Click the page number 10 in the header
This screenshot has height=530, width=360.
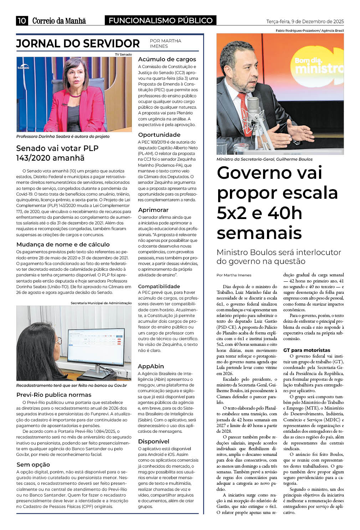(x=22, y=21)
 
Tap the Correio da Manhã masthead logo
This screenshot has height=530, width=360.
(x=59, y=21)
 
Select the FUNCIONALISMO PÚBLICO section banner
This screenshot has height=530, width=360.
(x=161, y=21)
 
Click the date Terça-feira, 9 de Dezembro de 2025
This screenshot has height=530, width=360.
(x=305, y=21)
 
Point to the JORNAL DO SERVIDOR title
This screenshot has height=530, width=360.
(x=78, y=43)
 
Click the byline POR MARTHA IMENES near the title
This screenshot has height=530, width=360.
(x=165, y=43)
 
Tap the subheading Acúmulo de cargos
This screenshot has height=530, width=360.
(x=167, y=59)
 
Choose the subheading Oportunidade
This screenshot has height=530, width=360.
(x=159, y=135)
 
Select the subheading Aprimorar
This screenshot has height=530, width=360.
(x=153, y=210)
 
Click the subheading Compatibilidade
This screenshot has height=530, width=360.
(x=159, y=286)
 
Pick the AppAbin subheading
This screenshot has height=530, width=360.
(x=151, y=366)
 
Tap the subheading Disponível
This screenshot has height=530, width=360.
(x=154, y=441)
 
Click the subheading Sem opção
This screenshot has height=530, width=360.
(x=33, y=464)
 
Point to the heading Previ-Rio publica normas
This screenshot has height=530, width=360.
(x=54, y=395)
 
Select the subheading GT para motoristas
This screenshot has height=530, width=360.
(x=307, y=350)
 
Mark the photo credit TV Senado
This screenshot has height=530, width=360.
(x=123, y=54)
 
